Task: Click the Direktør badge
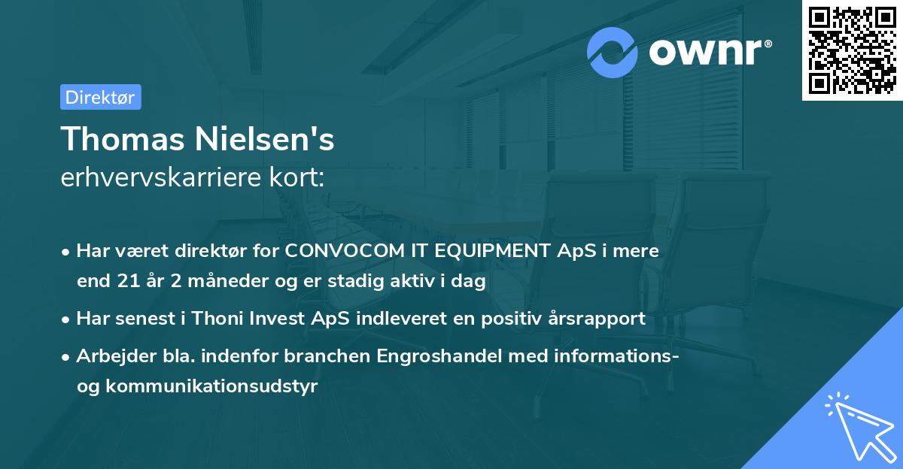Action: (100, 97)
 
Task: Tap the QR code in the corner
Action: (852, 50)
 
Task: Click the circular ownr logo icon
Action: (613, 53)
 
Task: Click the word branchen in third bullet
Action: (300, 356)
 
